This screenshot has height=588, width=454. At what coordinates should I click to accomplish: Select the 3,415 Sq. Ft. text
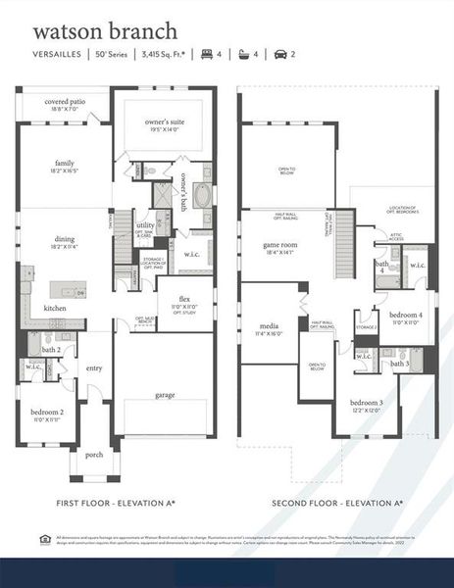[165, 55]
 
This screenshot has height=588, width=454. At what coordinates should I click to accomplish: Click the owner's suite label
[164, 122]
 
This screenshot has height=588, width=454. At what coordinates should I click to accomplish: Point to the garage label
[164, 395]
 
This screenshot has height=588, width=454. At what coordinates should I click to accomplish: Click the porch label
[94, 455]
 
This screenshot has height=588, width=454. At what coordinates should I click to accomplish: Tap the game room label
[278, 248]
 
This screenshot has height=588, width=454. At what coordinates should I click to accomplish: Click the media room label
[269, 328]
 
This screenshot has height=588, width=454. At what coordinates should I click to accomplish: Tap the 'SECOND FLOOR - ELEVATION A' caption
[338, 502]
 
